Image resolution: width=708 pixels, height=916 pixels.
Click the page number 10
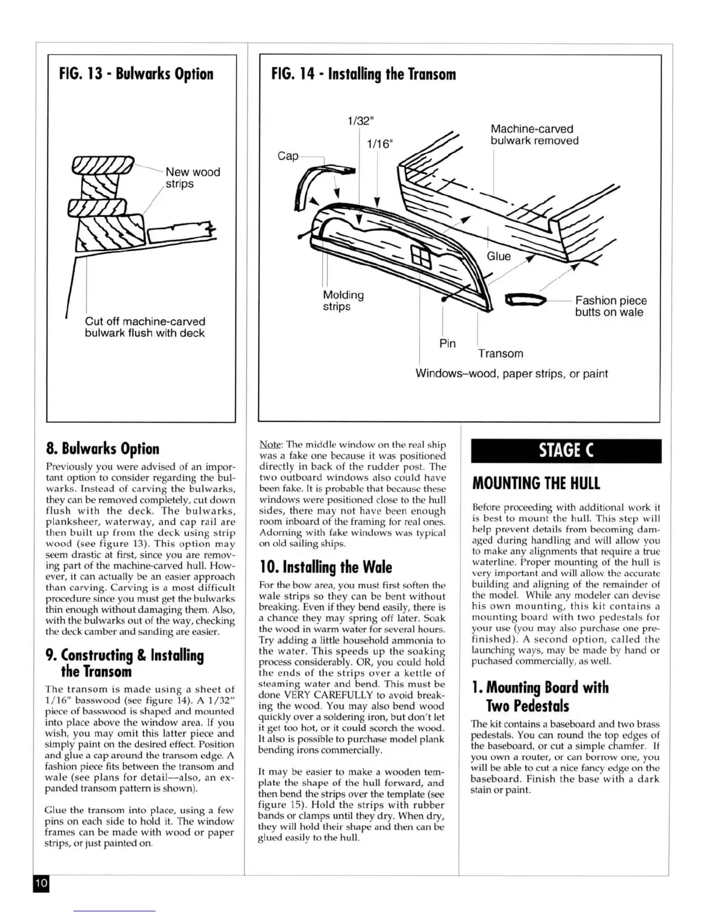(41, 883)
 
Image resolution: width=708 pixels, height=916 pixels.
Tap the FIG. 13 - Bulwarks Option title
(136, 74)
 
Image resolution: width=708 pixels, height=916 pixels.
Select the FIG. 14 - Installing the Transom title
(363, 74)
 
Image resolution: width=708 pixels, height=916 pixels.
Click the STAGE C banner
(566, 450)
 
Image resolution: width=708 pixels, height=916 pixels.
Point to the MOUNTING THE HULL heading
(536, 483)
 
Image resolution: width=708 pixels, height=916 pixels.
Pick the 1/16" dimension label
(380, 144)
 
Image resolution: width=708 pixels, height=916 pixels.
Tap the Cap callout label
(288, 156)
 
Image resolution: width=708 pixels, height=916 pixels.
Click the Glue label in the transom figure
(499, 256)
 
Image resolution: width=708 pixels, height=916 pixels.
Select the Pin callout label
(447, 343)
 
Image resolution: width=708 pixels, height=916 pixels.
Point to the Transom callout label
(500, 353)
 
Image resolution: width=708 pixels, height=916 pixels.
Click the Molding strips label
(343, 300)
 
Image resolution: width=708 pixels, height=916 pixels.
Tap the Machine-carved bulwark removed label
(534, 135)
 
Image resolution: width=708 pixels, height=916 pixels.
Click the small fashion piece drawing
(525, 300)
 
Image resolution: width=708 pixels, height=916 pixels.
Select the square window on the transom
(418, 253)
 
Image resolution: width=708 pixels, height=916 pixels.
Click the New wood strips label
(193, 178)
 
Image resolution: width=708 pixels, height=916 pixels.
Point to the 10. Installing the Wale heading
(326, 567)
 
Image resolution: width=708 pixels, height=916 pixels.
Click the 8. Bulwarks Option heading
(102, 449)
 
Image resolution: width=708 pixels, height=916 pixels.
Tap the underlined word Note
(270, 444)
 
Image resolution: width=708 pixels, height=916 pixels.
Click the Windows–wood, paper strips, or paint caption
(511, 374)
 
